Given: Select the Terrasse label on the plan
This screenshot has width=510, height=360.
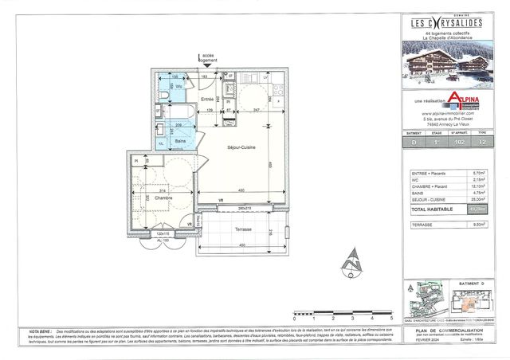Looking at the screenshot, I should (x=243, y=229).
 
